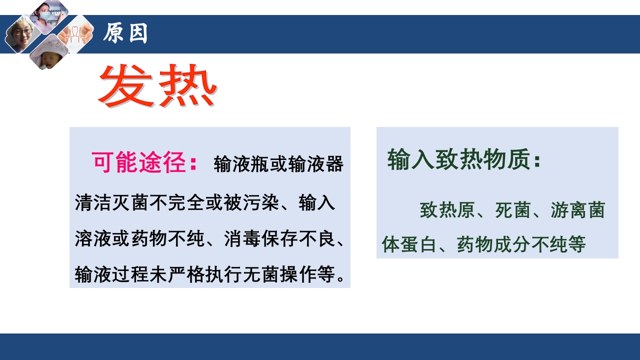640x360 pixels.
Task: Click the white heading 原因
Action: coord(125,34)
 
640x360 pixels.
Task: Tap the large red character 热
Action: coord(187,85)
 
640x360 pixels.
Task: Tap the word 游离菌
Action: coord(577,210)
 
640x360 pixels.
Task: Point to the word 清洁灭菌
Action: coord(111,204)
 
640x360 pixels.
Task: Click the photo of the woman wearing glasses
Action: coord(22,33)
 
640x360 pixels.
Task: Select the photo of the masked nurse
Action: coord(48,15)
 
